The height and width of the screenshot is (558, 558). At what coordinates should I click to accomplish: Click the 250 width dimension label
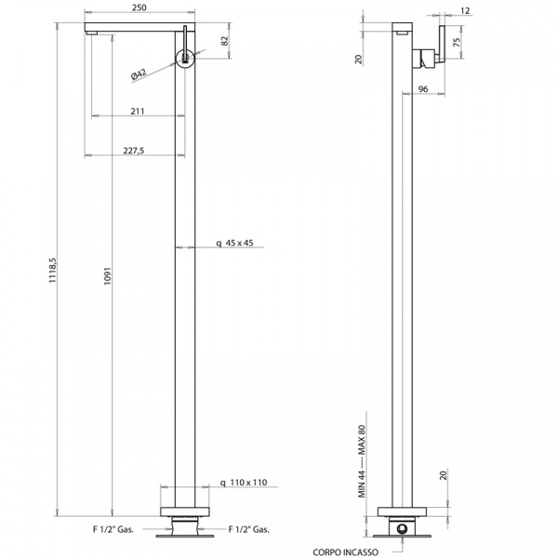pos(139,7)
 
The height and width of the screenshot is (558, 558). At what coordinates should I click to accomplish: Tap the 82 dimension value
pos(224,41)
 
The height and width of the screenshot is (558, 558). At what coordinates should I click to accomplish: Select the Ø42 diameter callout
pos(139,74)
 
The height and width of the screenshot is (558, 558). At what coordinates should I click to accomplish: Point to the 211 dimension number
pos(138,112)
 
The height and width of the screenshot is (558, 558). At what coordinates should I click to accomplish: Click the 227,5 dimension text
pos(134,151)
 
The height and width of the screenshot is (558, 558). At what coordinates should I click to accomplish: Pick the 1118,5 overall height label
pos(53,271)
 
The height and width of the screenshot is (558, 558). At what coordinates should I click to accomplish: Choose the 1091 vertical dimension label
pos(108,276)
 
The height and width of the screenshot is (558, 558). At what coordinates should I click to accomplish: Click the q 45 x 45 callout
pos(235,243)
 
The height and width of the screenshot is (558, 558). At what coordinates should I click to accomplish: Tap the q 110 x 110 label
pos(244,483)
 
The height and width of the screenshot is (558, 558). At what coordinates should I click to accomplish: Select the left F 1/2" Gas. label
pos(113,529)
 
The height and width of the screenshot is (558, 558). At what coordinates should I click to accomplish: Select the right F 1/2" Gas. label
pos(248,529)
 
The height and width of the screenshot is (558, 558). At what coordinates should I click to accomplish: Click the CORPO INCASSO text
pos(346,552)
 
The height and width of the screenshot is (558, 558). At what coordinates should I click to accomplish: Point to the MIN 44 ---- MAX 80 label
pos(362,461)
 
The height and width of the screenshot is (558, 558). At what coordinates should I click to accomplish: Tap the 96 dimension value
pos(423,89)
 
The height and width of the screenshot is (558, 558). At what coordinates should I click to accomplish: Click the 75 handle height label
pos(457,42)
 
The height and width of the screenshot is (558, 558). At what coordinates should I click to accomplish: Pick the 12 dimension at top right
pos(465,11)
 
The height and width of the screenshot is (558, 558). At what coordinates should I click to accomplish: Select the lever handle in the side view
pos(442,44)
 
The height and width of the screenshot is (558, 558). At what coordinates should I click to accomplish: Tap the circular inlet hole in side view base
pos(402,529)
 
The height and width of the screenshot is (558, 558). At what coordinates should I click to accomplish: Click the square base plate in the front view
pos(185,511)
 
